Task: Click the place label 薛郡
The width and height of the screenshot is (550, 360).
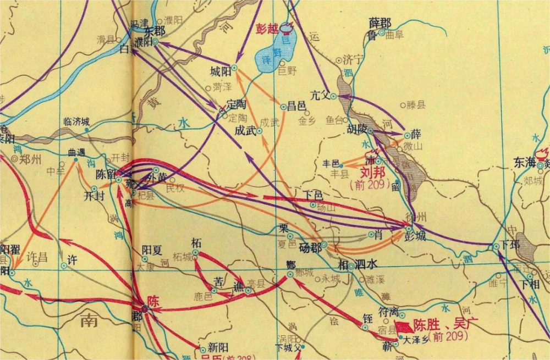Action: point(380,23)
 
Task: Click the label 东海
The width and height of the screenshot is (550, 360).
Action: point(525,163)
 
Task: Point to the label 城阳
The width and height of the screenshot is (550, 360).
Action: point(220,71)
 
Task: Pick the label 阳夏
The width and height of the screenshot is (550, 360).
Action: point(152,250)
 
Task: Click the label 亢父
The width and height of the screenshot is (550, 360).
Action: point(320,95)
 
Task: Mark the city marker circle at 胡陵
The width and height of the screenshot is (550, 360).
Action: point(371,131)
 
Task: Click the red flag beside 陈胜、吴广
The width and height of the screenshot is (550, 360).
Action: point(404,326)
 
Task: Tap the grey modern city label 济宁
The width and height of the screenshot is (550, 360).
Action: point(353,60)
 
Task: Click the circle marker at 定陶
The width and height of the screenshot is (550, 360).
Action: point(223,110)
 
